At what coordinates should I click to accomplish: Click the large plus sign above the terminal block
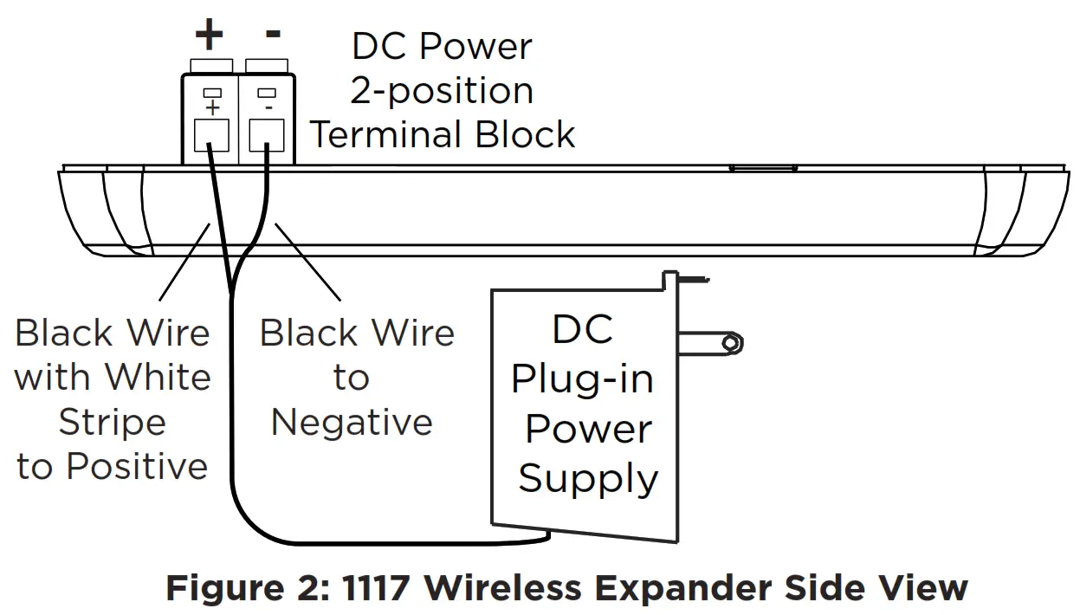click(x=209, y=36)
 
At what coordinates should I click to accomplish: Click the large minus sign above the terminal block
click(x=273, y=34)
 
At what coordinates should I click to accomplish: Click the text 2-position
click(x=441, y=91)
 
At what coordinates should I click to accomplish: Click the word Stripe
click(x=112, y=422)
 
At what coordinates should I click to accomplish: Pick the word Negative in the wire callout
click(x=352, y=422)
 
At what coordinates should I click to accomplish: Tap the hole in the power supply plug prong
click(x=733, y=344)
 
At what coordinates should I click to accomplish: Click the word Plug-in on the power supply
click(x=582, y=380)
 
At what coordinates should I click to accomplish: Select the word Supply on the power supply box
click(x=588, y=479)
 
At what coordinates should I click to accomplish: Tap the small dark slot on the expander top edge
click(x=763, y=167)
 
